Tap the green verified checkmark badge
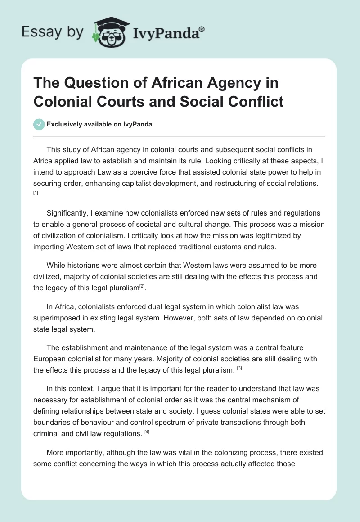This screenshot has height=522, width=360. (x=40, y=124)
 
